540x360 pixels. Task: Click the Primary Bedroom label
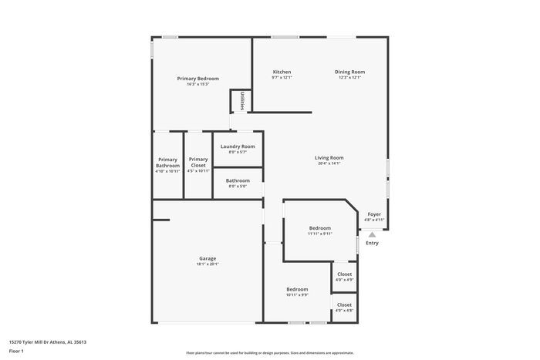click(x=197, y=79)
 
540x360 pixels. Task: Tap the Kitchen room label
click(x=282, y=72)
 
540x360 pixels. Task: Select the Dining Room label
click(x=349, y=72)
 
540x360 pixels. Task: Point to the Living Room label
click(x=329, y=157)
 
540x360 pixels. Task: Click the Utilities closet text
click(x=242, y=101)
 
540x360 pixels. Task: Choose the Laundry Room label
click(x=238, y=146)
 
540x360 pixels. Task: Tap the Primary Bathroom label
click(x=167, y=163)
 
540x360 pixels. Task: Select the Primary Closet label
click(x=198, y=163)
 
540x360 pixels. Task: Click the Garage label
click(x=208, y=258)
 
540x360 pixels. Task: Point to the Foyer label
click(x=374, y=214)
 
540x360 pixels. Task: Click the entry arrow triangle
click(x=372, y=234)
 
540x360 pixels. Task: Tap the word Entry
click(x=372, y=244)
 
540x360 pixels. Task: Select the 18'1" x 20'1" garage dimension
click(x=208, y=264)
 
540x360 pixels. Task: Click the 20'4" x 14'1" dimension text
click(x=329, y=163)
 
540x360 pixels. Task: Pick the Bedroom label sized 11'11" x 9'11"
click(x=320, y=227)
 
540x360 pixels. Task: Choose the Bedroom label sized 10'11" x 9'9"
click(x=297, y=289)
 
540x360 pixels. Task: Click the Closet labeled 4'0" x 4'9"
click(x=344, y=274)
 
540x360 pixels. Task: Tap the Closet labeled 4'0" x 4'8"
click(x=344, y=304)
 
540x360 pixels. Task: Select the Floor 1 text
click(x=16, y=352)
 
